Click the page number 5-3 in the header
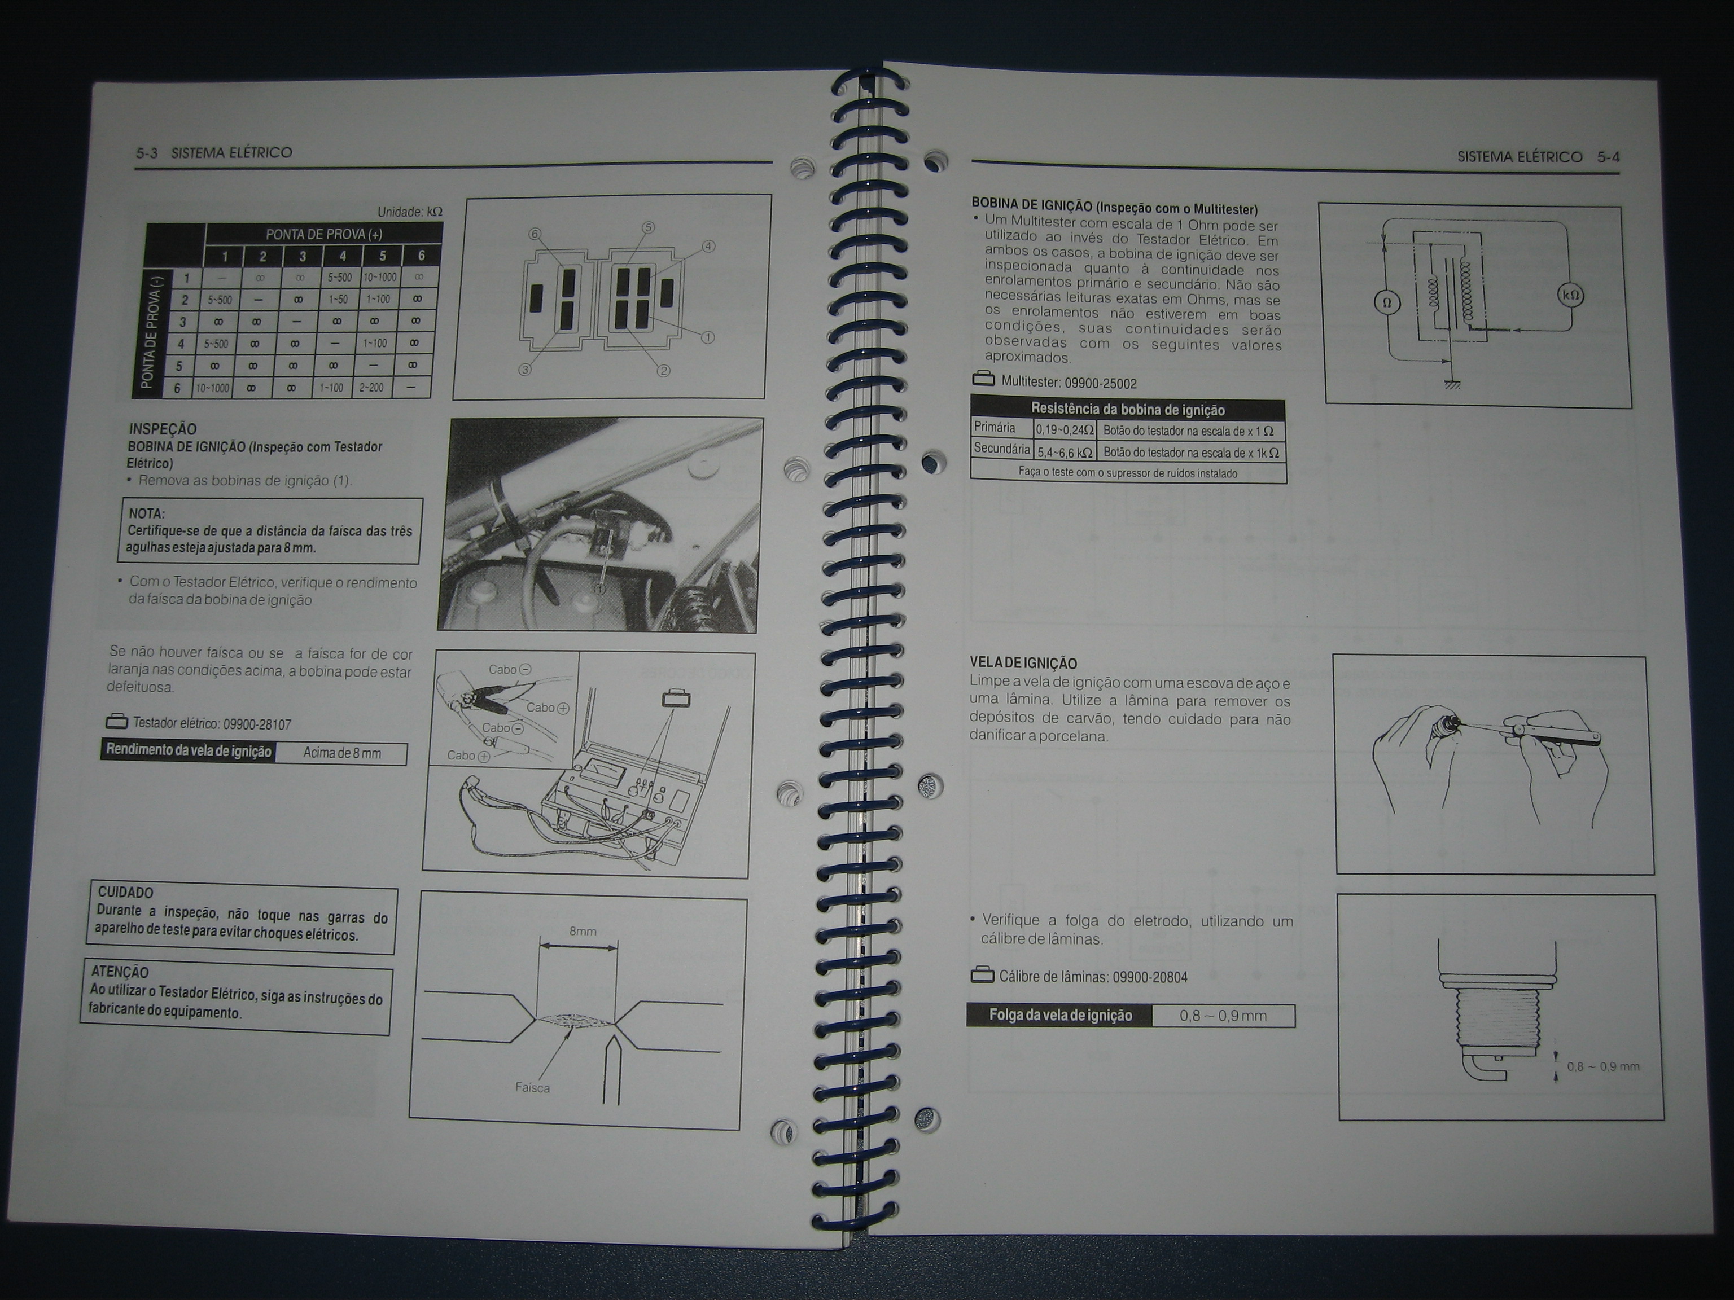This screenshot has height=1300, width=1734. (147, 153)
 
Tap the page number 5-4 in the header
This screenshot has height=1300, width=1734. (1609, 157)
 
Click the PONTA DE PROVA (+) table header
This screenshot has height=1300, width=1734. (324, 234)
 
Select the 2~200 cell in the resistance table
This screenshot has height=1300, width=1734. (371, 387)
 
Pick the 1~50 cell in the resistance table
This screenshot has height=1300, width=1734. (339, 300)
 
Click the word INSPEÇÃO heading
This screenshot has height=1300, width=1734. (163, 429)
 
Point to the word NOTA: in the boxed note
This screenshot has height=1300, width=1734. (147, 514)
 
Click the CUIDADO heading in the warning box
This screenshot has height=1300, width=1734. (125, 893)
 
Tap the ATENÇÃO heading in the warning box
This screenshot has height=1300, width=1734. (120, 972)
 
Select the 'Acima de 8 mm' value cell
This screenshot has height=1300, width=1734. (342, 754)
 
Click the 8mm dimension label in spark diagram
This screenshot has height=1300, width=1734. (583, 932)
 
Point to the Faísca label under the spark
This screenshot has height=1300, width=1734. (532, 1088)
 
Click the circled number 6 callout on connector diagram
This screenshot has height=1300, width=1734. (535, 234)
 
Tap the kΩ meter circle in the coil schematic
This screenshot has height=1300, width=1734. (1570, 296)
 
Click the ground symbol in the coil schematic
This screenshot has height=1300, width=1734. (1452, 383)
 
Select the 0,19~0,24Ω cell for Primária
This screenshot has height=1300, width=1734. (1065, 430)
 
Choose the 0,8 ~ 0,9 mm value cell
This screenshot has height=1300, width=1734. (1224, 1016)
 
